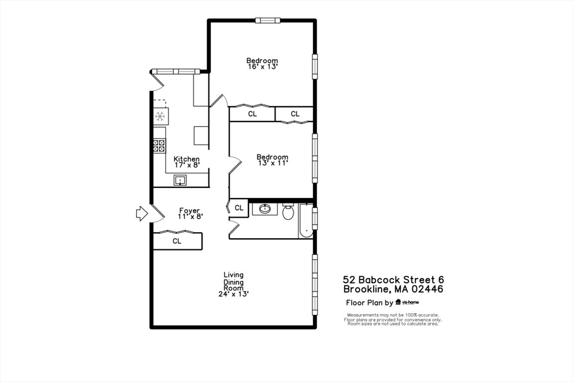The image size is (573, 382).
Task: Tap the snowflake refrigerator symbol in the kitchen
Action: click(x=160, y=116)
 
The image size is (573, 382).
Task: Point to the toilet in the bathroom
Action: click(x=289, y=212)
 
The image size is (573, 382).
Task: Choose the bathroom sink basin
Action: click(x=264, y=210)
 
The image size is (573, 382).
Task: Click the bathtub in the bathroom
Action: click(x=306, y=221)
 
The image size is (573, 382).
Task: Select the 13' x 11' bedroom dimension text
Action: click(x=272, y=163)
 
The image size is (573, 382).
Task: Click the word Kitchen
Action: click(x=186, y=159)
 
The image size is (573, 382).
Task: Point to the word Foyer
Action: click(x=190, y=211)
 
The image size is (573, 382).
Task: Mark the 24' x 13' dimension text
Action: click(x=233, y=294)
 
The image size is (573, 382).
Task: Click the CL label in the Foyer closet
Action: click(x=177, y=242)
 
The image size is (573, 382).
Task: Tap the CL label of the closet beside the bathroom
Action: click(x=239, y=208)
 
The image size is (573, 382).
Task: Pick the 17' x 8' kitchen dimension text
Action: click(x=186, y=166)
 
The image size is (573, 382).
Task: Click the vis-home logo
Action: click(x=407, y=303)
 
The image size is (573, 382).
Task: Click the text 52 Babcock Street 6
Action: click(x=394, y=280)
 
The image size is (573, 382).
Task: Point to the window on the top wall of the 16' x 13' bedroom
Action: click(x=267, y=21)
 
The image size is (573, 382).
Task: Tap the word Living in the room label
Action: click(x=233, y=275)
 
